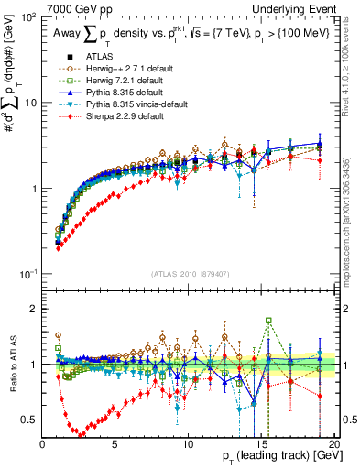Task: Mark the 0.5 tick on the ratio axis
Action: tap(32, 420)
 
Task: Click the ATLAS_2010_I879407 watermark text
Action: tap(189, 273)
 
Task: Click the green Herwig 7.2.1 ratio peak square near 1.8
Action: tap(268, 321)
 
